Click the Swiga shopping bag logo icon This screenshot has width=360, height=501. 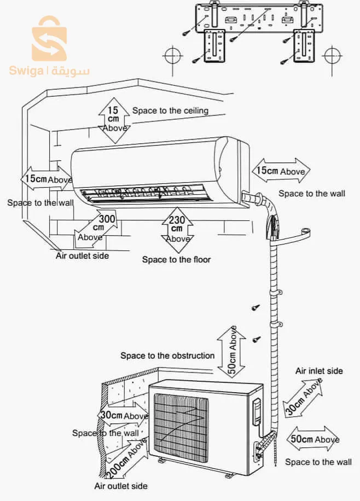click(x=49, y=39)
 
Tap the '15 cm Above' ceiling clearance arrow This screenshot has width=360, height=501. click(x=113, y=120)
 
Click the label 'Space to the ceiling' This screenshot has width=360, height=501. click(x=170, y=111)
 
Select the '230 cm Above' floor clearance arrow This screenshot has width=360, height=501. click(x=177, y=230)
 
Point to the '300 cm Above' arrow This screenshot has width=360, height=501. click(x=95, y=229)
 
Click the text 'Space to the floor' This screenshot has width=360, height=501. click(x=177, y=259)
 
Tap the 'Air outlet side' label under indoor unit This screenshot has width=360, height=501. click(x=82, y=255)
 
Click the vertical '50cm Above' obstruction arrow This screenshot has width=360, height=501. click(x=232, y=352)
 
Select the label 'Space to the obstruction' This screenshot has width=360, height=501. click(x=167, y=356)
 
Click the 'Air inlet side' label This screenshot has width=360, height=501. click(x=319, y=371)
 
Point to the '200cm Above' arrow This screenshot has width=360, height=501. click(x=126, y=458)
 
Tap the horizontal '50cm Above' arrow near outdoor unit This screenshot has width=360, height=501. click(x=313, y=439)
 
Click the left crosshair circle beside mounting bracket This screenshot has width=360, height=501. click(x=173, y=56)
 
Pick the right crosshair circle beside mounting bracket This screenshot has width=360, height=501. click(x=332, y=56)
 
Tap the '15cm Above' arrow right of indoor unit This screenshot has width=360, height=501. click(x=281, y=171)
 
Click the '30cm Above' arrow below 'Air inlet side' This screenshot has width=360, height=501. click(x=303, y=397)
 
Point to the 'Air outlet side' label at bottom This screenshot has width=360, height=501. click(x=121, y=486)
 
